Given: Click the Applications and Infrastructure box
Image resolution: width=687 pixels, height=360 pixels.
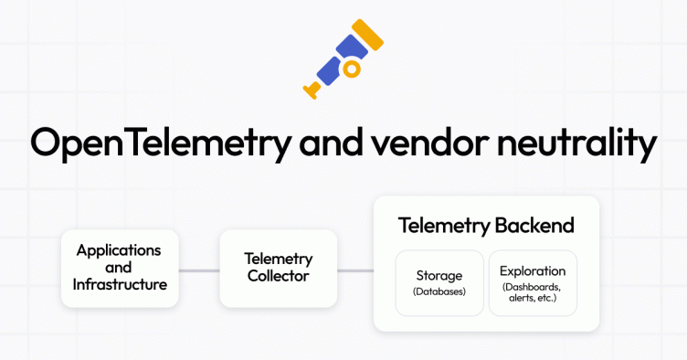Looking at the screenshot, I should (x=120, y=267).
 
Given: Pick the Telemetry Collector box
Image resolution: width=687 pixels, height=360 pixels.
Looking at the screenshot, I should (x=280, y=267).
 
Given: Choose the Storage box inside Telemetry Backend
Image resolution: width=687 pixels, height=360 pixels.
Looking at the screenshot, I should (x=439, y=283).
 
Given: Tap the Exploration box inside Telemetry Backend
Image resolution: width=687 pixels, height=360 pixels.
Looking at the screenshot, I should (x=533, y=283).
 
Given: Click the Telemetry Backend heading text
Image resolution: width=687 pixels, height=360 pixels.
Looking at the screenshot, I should (x=486, y=225).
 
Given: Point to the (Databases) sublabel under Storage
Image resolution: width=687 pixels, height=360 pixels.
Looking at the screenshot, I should (x=439, y=292).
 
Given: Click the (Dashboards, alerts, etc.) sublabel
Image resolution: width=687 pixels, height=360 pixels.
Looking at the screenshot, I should (x=533, y=292).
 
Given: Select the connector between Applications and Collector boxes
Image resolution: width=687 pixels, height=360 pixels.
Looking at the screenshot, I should (x=199, y=270).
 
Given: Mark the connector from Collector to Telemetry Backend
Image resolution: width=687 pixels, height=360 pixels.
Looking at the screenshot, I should (x=356, y=270).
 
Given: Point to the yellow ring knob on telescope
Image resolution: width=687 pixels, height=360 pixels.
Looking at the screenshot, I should (x=351, y=69).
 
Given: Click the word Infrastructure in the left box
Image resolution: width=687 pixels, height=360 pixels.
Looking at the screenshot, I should (x=120, y=284).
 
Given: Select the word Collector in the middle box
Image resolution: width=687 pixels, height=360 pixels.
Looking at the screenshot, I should (x=280, y=276).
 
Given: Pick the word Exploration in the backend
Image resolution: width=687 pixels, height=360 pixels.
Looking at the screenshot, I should (x=533, y=271).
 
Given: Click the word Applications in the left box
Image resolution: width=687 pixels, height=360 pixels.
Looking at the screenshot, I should (x=120, y=249).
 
